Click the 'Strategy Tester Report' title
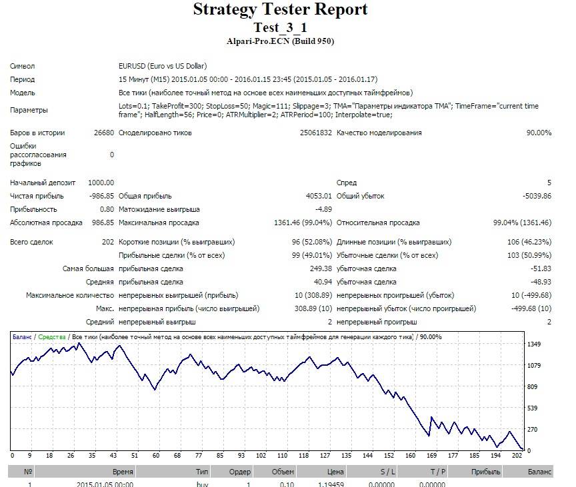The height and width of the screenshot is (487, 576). click(280, 10)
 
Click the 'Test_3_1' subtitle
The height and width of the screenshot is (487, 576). click(280, 27)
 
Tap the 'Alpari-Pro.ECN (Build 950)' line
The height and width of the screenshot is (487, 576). click(280, 41)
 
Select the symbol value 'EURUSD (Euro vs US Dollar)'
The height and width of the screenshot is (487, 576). click(163, 66)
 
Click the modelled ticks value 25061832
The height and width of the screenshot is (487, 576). click(315, 133)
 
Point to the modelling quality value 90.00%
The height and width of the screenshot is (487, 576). click(539, 133)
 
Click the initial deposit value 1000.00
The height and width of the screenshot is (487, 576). click(101, 183)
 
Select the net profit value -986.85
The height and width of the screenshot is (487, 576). click(102, 196)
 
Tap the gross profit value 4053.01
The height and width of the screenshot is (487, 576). click(319, 196)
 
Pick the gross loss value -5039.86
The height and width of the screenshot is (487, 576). click(537, 196)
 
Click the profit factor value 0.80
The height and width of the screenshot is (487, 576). click(107, 210)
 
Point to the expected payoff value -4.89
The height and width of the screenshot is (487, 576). click(323, 210)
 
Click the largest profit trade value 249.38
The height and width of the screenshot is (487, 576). click(321, 268)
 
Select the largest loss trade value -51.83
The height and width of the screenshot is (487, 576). click(541, 268)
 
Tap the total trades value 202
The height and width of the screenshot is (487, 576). click(108, 243)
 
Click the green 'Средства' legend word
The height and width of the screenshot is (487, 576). click(52, 337)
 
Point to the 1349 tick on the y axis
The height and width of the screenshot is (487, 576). click(534, 344)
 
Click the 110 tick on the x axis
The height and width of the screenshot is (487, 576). click(282, 456)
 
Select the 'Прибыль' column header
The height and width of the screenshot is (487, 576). click(485, 472)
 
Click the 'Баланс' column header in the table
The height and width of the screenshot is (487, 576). click(539, 472)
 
